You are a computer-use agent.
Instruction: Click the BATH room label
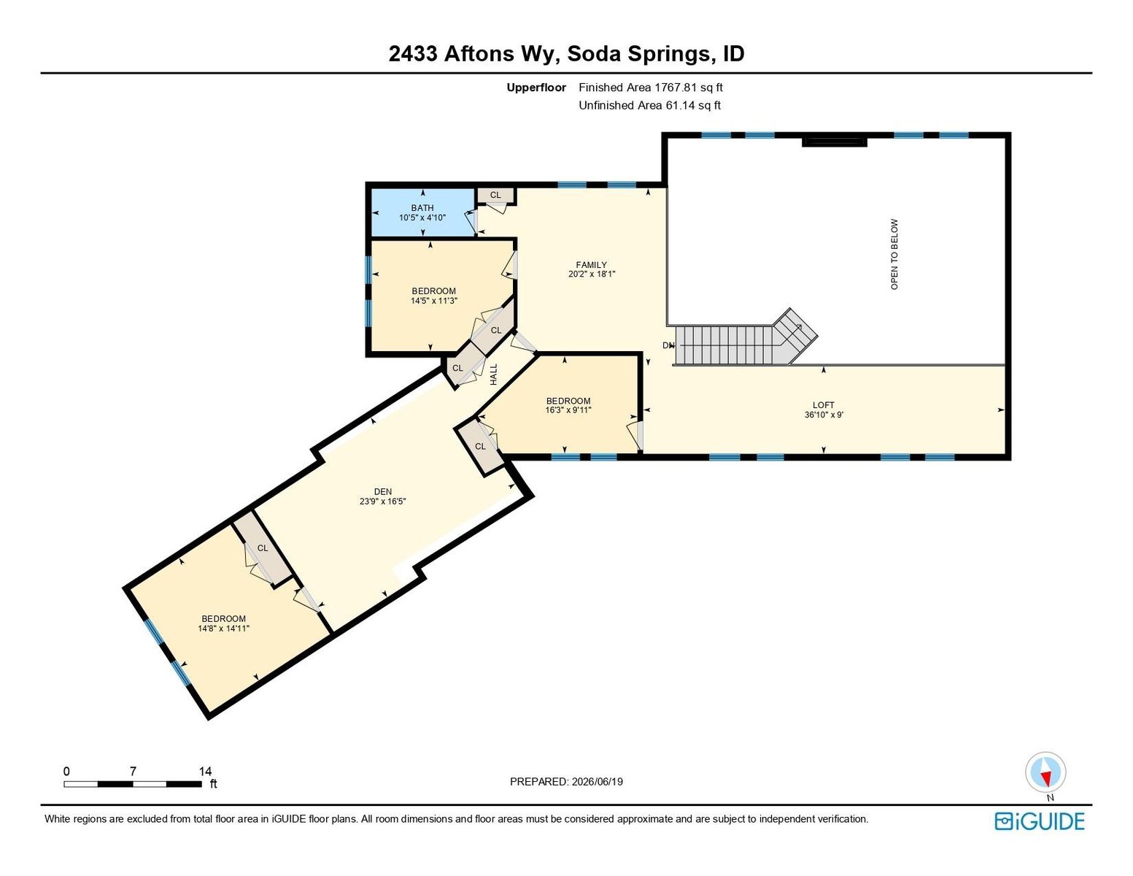pyautogui.click(x=422, y=207)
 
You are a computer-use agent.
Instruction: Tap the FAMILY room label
pyautogui.click(x=591, y=264)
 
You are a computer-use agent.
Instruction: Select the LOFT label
pyautogui.click(x=823, y=405)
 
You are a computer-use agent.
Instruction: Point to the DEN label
pyautogui.click(x=383, y=491)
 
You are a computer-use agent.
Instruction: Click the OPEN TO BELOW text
pyautogui.click(x=894, y=254)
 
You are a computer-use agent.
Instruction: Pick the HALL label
pyautogui.click(x=494, y=374)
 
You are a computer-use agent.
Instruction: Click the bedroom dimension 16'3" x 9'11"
pyautogui.click(x=568, y=410)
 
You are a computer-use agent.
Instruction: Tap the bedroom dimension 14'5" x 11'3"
pyautogui.click(x=434, y=301)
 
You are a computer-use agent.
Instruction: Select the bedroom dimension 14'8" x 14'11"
pyautogui.click(x=224, y=629)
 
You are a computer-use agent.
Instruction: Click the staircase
pyautogui.click(x=746, y=339)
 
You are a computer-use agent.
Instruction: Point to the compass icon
pyautogui.click(x=1045, y=772)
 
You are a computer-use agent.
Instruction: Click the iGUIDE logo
pyautogui.click(x=1039, y=821)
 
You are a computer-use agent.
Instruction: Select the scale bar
pyautogui.click(x=133, y=783)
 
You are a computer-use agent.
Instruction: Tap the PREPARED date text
pyautogui.click(x=566, y=782)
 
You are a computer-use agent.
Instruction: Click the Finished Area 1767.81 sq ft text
pyautogui.click(x=651, y=88)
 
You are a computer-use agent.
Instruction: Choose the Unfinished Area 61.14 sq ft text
pyautogui.click(x=649, y=105)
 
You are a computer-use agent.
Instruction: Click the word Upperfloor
pyautogui.click(x=536, y=88)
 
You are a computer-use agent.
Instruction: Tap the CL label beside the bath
pyautogui.click(x=495, y=195)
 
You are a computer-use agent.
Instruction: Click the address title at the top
pyautogui.click(x=566, y=54)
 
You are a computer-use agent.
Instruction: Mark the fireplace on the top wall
pyautogui.click(x=834, y=141)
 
